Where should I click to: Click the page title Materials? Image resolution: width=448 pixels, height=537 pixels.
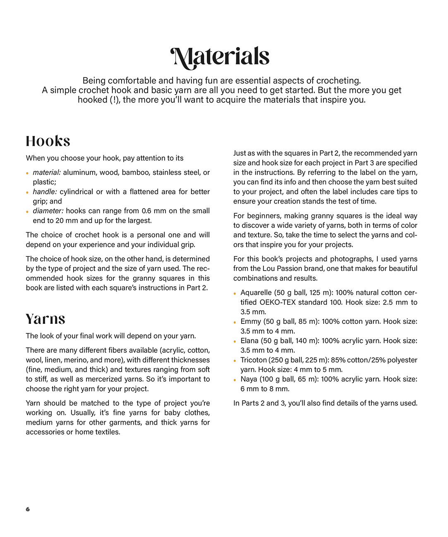pyautogui.click(x=220, y=57)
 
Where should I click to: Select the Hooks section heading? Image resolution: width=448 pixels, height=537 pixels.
pyautogui.click(x=48, y=141)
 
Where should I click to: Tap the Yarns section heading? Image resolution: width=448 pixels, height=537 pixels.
pyautogui.click(x=46, y=319)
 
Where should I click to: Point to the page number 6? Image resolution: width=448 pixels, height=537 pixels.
pyautogui.click(x=28, y=509)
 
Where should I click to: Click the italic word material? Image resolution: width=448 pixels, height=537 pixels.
pyautogui.click(x=47, y=172)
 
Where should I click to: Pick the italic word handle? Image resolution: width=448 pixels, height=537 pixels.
pyautogui.click(x=45, y=192)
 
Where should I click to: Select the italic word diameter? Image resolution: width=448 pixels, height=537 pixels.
pyautogui.click(x=48, y=211)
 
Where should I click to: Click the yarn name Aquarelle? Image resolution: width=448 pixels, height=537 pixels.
pyautogui.click(x=256, y=292)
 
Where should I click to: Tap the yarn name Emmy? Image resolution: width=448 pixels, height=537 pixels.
pyautogui.click(x=251, y=321)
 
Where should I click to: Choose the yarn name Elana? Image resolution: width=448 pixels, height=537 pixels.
pyautogui.click(x=249, y=341)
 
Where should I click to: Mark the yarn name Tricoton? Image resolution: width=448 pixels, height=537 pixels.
pyautogui.click(x=254, y=360)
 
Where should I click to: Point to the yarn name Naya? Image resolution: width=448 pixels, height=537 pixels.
pyautogui.click(x=249, y=379)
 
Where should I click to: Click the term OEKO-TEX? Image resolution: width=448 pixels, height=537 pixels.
pyautogui.click(x=278, y=302)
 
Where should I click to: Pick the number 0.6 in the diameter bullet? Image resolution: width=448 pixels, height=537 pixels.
pyautogui.click(x=146, y=211)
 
